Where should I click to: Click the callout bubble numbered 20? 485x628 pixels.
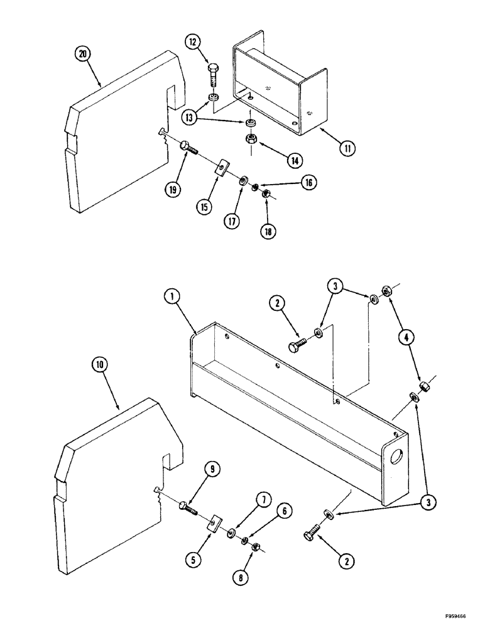(82, 54)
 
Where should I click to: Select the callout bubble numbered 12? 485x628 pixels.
(193, 42)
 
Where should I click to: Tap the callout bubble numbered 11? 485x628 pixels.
(346, 149)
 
